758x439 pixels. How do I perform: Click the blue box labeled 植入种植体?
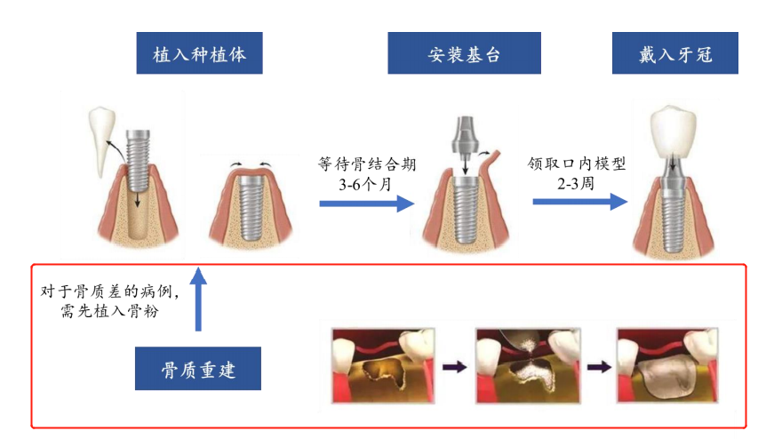coord(199,54)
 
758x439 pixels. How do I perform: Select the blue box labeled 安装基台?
coord(464,54)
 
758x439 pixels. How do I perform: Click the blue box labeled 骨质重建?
coord(198,369)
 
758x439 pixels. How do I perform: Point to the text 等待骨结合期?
coord(367,164)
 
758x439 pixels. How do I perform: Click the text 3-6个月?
coord(367,184)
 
